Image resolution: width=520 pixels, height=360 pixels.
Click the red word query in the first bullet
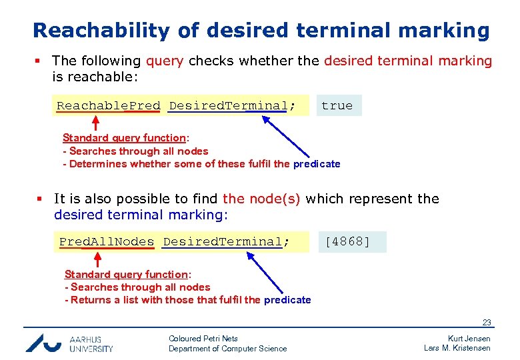coord(165,61)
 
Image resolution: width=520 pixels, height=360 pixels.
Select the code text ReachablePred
coord(108,105)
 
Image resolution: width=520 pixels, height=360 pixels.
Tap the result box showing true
coord(337,105)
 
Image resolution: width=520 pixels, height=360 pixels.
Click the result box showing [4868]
coord(347,241)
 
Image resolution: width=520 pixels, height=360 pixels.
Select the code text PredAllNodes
coord(107,241)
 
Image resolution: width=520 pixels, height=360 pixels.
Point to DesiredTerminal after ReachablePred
coord(228,105)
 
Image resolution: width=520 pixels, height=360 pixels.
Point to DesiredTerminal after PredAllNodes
coord(223,241)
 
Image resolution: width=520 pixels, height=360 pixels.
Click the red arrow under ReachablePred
coord(95,123)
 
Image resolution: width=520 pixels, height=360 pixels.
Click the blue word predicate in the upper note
coord(317,164)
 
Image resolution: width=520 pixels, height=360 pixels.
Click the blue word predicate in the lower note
coord(287,300)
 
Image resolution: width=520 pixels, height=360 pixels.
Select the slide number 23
coord(487,323)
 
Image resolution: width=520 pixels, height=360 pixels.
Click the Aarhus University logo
coord(69,343)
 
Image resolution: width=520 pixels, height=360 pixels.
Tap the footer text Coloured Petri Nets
coord(203,339)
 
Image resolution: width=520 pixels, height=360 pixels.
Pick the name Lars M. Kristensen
coord(457,348)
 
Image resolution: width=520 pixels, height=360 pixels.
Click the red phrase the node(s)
coord(261,199)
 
